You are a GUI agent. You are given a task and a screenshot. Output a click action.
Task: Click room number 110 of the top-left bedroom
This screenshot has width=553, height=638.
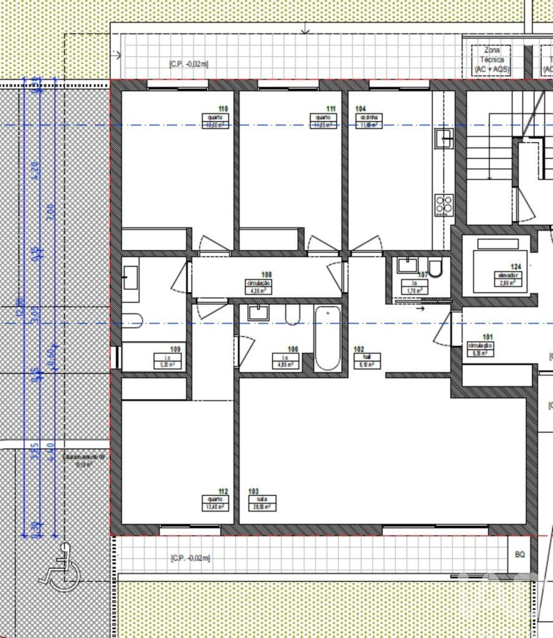point(223,109)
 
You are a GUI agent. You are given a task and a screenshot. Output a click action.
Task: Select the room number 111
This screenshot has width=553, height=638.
point(331,109)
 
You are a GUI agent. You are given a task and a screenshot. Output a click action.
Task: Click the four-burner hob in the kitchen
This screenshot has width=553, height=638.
point(444,205)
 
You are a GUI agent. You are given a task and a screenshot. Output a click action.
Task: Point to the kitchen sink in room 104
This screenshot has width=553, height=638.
point(444,139)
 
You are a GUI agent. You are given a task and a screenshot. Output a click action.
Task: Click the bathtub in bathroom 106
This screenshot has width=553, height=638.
point(327,338)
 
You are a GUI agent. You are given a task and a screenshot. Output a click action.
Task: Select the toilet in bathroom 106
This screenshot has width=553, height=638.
point(292,314)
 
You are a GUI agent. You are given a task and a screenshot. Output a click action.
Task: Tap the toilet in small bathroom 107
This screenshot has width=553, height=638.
point(435,268)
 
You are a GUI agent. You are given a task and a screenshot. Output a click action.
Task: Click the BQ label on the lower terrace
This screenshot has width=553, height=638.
point(520,554)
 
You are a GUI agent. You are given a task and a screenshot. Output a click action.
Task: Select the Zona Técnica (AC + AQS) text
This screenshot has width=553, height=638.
point(492,60)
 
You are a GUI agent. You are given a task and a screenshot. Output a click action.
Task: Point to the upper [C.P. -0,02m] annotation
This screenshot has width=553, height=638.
point(189,64)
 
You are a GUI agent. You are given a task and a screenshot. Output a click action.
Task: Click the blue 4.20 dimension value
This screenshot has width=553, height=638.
point(36,171)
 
